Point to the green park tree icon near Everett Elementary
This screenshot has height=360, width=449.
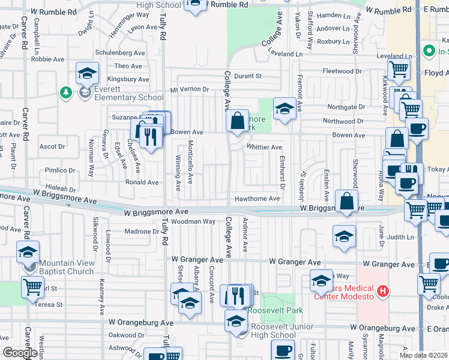66,92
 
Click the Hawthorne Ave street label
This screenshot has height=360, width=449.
257,199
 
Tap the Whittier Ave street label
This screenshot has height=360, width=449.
264,147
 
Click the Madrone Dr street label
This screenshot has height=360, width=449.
142,232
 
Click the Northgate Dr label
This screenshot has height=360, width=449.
346,107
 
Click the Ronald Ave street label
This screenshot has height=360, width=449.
142,182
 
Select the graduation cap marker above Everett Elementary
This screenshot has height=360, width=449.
88,74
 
